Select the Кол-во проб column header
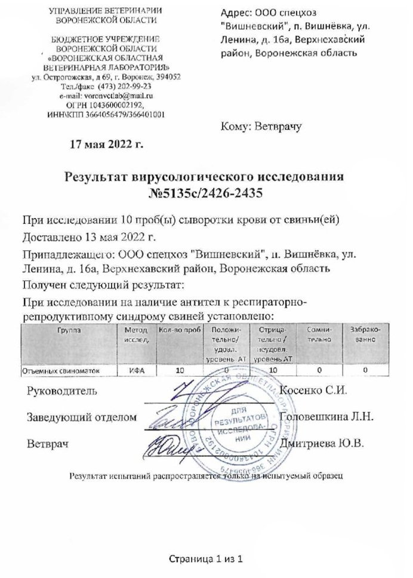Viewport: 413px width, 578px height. (178, 331)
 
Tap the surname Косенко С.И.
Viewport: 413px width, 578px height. (313, 391)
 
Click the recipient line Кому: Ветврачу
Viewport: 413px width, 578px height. (262, 126)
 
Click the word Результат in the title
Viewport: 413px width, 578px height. (104, 177)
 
